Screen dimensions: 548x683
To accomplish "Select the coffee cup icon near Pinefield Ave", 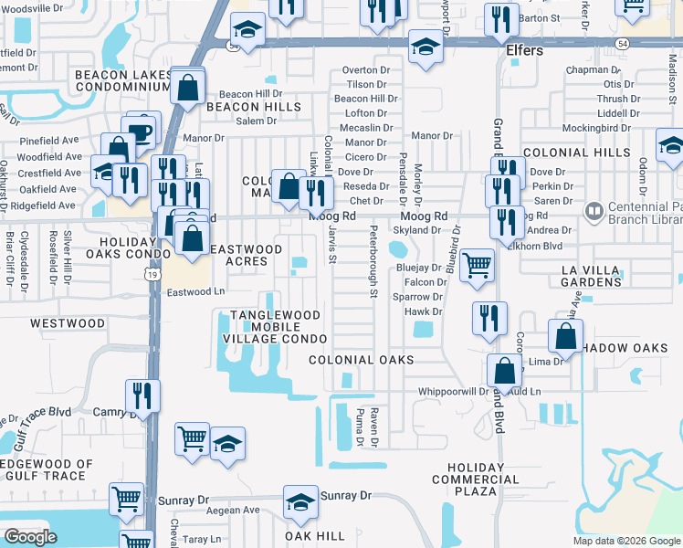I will (x=142, y=131).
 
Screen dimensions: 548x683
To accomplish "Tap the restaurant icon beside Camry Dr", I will (x=142, y=395).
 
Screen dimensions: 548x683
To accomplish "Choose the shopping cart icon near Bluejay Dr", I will (x=477, y=265).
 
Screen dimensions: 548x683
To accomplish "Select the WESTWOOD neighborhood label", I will (x=68, y=323).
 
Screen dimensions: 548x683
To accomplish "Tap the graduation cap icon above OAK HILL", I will (x=299, y=501).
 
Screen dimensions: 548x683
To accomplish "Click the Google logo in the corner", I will (x=31, y=537).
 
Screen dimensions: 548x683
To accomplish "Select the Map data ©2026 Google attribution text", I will (x=626, y=541).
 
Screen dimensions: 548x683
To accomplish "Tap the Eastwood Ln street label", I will (x=195, y=292).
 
